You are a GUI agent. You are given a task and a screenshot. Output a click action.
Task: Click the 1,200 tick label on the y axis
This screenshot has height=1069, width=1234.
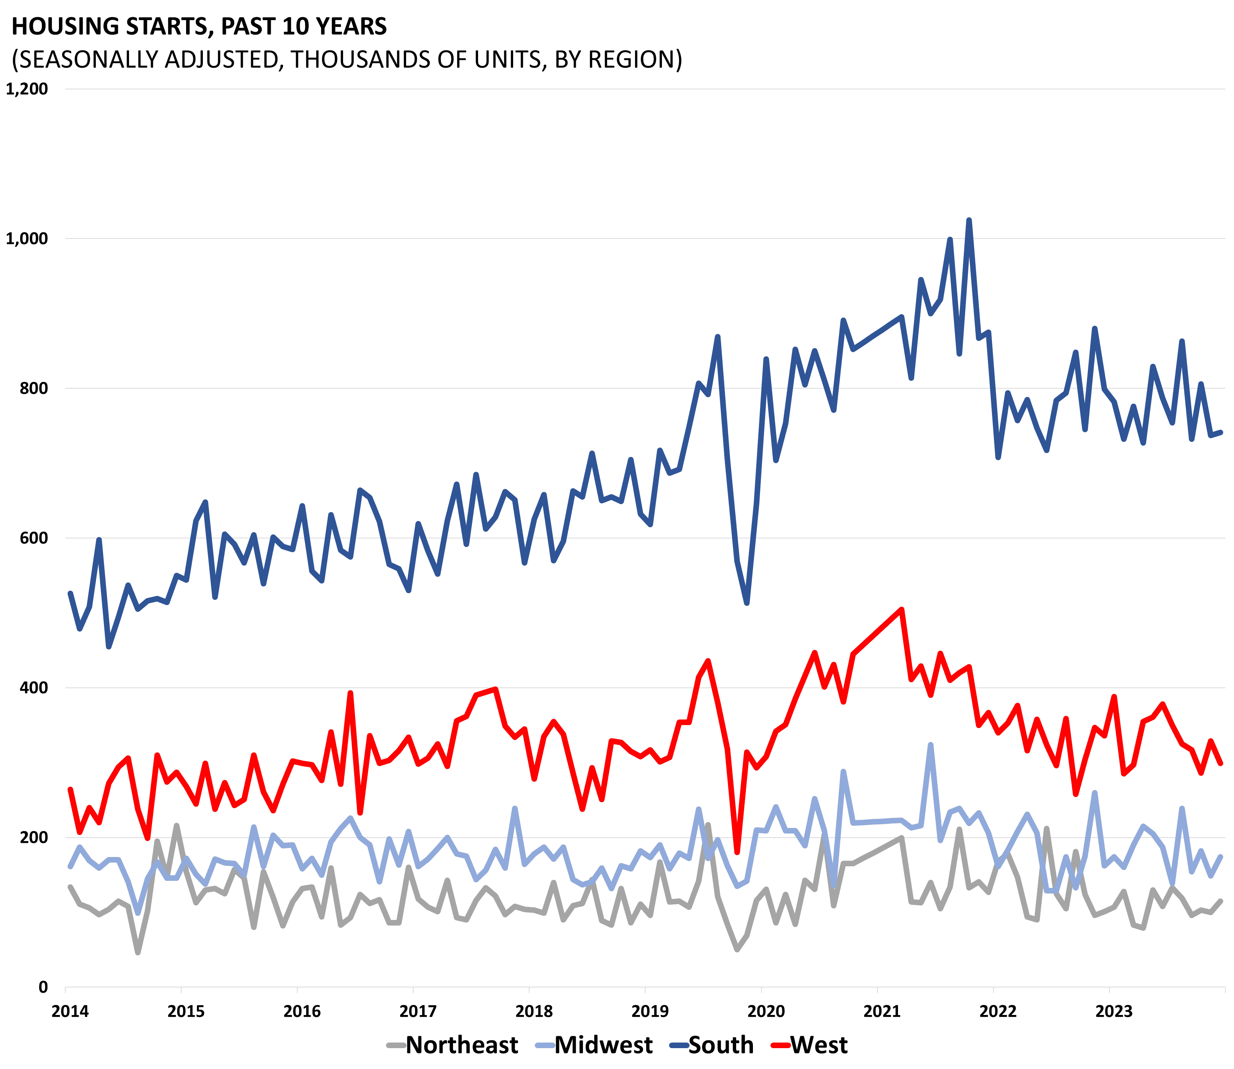tap(26, 89)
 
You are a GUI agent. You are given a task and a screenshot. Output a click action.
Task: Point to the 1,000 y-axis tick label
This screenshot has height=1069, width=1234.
tap(26, 238)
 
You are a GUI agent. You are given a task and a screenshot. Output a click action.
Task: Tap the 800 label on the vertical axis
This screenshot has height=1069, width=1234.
tap(34, 388)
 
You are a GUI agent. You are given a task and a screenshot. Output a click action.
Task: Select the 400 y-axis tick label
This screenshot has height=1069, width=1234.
tap(34, 688)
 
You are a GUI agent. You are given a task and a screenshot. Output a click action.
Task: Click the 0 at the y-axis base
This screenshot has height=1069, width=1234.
tap(43, 987)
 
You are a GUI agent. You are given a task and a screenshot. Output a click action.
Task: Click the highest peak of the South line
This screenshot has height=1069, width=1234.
tap(968, 221)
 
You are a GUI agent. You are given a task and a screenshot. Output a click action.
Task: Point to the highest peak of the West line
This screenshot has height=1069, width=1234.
tap(901, 610)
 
